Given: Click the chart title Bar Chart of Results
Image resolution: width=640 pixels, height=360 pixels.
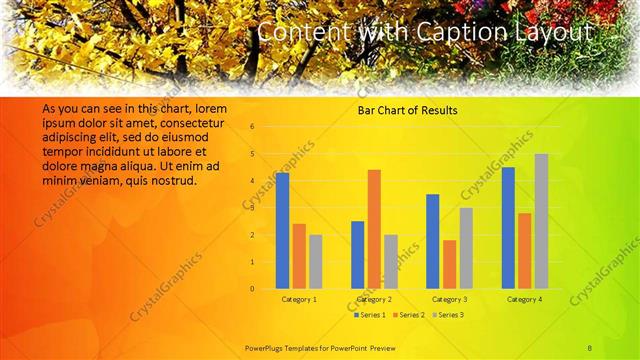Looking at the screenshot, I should (x=407, y=110).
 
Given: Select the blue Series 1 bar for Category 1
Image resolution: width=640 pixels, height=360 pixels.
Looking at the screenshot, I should (x=283, y=230).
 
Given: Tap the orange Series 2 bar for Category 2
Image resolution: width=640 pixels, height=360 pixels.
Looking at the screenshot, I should (x=374, y=229).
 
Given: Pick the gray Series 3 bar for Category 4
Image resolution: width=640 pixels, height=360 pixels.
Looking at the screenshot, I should (x=541, y=221).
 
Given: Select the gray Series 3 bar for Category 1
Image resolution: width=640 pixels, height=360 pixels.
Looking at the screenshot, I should (x=316, y=261).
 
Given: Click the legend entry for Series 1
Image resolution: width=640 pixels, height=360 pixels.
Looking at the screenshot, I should (x=371, y=315).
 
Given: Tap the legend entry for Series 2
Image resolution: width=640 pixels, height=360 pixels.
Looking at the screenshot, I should (x=408, y=315).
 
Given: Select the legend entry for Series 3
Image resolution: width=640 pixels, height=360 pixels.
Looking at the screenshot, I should (x=446, y=315).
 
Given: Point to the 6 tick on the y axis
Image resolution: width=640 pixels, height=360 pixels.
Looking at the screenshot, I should (x=252, y=127).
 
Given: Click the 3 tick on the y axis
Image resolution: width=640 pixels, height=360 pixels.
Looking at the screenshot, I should (x=252, y=208).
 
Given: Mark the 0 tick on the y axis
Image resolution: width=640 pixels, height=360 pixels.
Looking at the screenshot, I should (x=252, y=289).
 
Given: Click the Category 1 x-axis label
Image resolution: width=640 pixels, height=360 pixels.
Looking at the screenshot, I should (x=299, y=299).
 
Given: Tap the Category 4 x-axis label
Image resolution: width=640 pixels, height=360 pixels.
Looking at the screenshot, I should (x=524, y=299).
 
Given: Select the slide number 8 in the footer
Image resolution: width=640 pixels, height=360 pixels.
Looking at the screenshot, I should (x=590, y=347).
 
